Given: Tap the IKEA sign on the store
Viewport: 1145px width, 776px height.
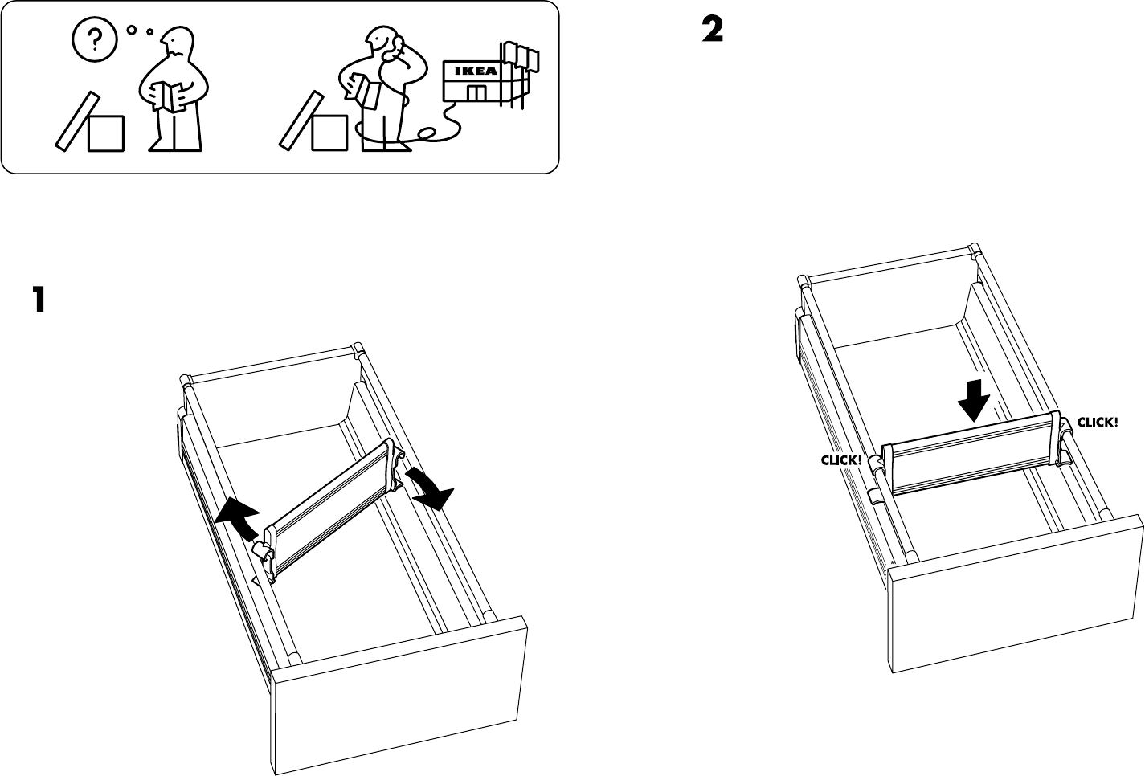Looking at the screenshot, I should click(x=474, y=71).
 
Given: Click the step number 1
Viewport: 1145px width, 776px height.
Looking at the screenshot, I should click(x=39, y=300).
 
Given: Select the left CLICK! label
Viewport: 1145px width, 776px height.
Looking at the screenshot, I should click(x=840, y=460).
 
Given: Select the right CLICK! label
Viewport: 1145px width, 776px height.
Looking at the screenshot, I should click(x=1097, y=422).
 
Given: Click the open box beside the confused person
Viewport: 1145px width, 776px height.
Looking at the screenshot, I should click(x=105, y=133).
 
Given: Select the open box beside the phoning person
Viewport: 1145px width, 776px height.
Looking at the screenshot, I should click(x=329, y=133).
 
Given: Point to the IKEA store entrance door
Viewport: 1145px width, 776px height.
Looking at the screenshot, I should click(x=476, y=93).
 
